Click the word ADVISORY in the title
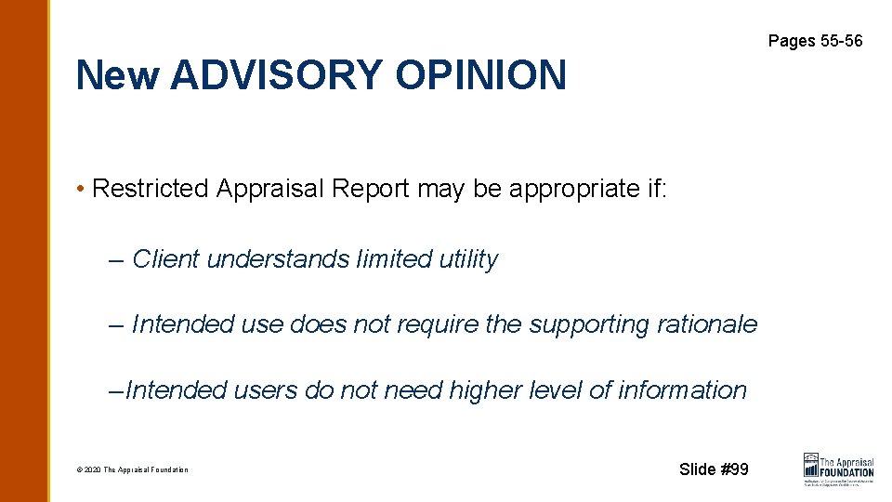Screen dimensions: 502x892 (x=276, y=75)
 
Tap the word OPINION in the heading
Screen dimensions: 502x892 (x=480, y=75)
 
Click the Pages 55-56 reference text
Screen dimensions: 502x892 (x=815, y=41)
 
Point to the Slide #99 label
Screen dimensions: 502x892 (x=714, y=469)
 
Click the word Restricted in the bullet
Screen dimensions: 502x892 (x=151, y=189)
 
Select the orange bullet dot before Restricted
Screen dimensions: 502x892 (x=82, y=190)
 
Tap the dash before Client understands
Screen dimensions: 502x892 (x=115, y=260)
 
